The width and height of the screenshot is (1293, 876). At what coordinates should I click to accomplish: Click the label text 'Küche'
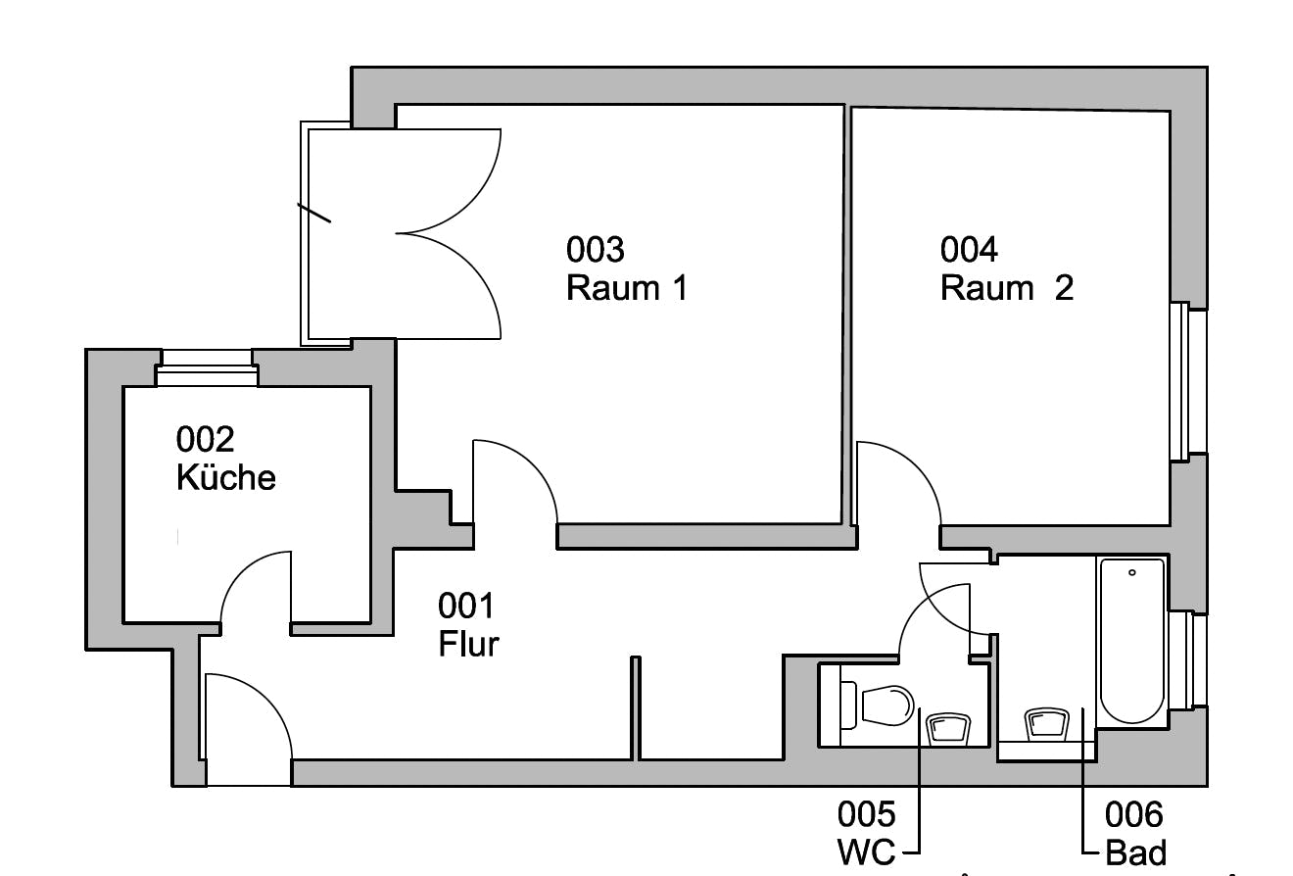coord(225,477)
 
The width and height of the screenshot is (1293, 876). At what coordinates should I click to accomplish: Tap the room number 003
coord(595,250)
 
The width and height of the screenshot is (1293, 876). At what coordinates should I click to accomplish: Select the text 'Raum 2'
coord(1006,288)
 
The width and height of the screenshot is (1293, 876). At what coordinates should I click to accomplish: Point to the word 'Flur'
coord(468,645)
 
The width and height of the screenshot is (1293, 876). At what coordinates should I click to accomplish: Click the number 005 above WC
coord(866,814)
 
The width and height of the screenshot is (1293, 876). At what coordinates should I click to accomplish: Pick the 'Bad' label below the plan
coord(1135,852)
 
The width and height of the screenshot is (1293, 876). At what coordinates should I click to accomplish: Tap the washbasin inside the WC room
coord(947,728)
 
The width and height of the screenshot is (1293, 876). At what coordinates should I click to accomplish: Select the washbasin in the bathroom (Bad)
coord(1046,724)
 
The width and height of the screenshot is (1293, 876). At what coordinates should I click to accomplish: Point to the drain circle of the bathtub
coord(1132,572)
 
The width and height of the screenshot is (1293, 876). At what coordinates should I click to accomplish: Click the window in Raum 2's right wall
coord(1188,381)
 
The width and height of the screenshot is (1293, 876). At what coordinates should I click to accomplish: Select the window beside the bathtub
coord(1190,659)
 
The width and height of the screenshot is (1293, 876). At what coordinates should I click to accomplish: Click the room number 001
coord(465,607)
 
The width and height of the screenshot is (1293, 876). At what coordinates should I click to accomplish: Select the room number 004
coord(969,250)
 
